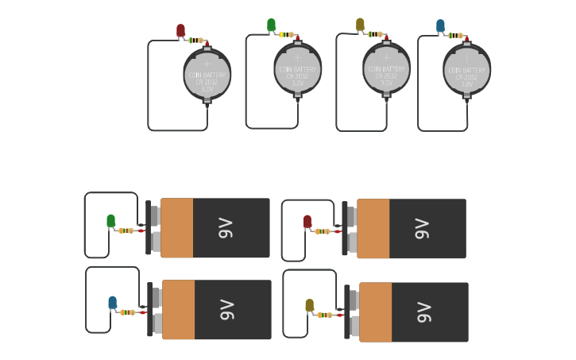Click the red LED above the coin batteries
[180, 31]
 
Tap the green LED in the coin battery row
[272, 25]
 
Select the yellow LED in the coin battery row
[360, 25]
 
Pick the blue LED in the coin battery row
[440, 26]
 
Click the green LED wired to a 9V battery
[110, 220]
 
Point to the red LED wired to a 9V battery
[307, 222]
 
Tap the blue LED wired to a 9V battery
[112, 302]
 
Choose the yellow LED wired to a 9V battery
[309, 305]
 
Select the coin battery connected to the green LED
[298, 68]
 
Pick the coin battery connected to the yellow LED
[387, 68]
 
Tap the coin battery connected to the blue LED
[467, 70]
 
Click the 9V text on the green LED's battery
[226, 228]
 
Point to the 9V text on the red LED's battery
[422, 229]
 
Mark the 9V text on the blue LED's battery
[226, 309]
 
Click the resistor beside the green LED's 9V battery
[126, 230]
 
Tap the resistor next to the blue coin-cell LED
[455, 36]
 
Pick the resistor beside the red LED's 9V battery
[323, 231]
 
